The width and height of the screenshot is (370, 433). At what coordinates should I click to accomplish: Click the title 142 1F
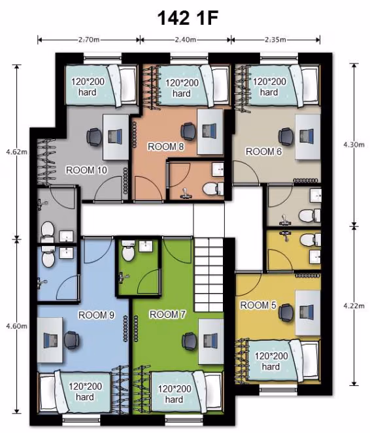click(188, 18)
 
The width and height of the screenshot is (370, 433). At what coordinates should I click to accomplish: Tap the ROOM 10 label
click(86, 170)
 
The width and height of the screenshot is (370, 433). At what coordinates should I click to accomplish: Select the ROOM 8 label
click(165, 147)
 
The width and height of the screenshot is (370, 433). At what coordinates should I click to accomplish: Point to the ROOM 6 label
click(263, 151)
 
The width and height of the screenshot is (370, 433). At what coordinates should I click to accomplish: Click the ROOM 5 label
click(258, 305)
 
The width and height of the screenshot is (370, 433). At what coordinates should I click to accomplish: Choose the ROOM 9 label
click(96, 315)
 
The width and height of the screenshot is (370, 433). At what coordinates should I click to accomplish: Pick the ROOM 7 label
click(167, 314)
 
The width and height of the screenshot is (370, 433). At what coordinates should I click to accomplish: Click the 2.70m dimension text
click(88, 39)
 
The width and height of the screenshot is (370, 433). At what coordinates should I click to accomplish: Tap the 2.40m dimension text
click(185, 39)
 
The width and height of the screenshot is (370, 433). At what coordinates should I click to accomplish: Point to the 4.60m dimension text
click(17, 326)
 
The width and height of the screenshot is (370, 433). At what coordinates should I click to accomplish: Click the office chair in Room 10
click(93, 137)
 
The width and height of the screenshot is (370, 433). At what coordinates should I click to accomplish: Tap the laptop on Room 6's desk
click(307, 136)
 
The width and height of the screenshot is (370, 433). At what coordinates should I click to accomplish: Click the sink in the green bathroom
click(145, 246)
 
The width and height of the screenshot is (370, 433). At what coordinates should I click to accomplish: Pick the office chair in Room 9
click(71, 340)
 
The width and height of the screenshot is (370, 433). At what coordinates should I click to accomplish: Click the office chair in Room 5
click(286, 313)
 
